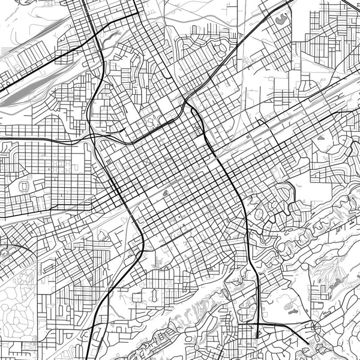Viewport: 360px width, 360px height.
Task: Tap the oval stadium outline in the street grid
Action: (x=25, y=186)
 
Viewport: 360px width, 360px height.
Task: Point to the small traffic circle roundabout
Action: (x=313, y=326)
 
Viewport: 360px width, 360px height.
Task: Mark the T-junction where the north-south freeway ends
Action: (x=257, y=336)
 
